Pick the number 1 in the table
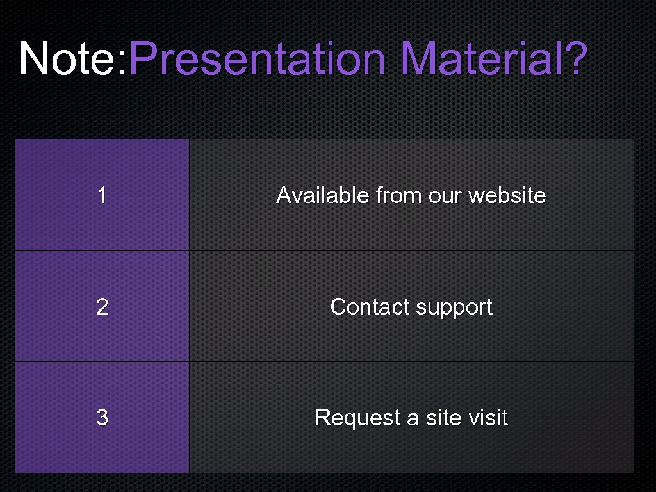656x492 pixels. (x=102, y=195)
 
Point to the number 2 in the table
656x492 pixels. (x=102, y=307)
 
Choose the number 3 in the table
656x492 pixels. (x=102, y=418)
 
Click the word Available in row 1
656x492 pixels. (x=323, y=195)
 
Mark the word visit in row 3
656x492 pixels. (x=488, y=418)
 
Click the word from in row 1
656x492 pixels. (x=398, y=195)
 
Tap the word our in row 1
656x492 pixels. (x=445, y=195)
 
